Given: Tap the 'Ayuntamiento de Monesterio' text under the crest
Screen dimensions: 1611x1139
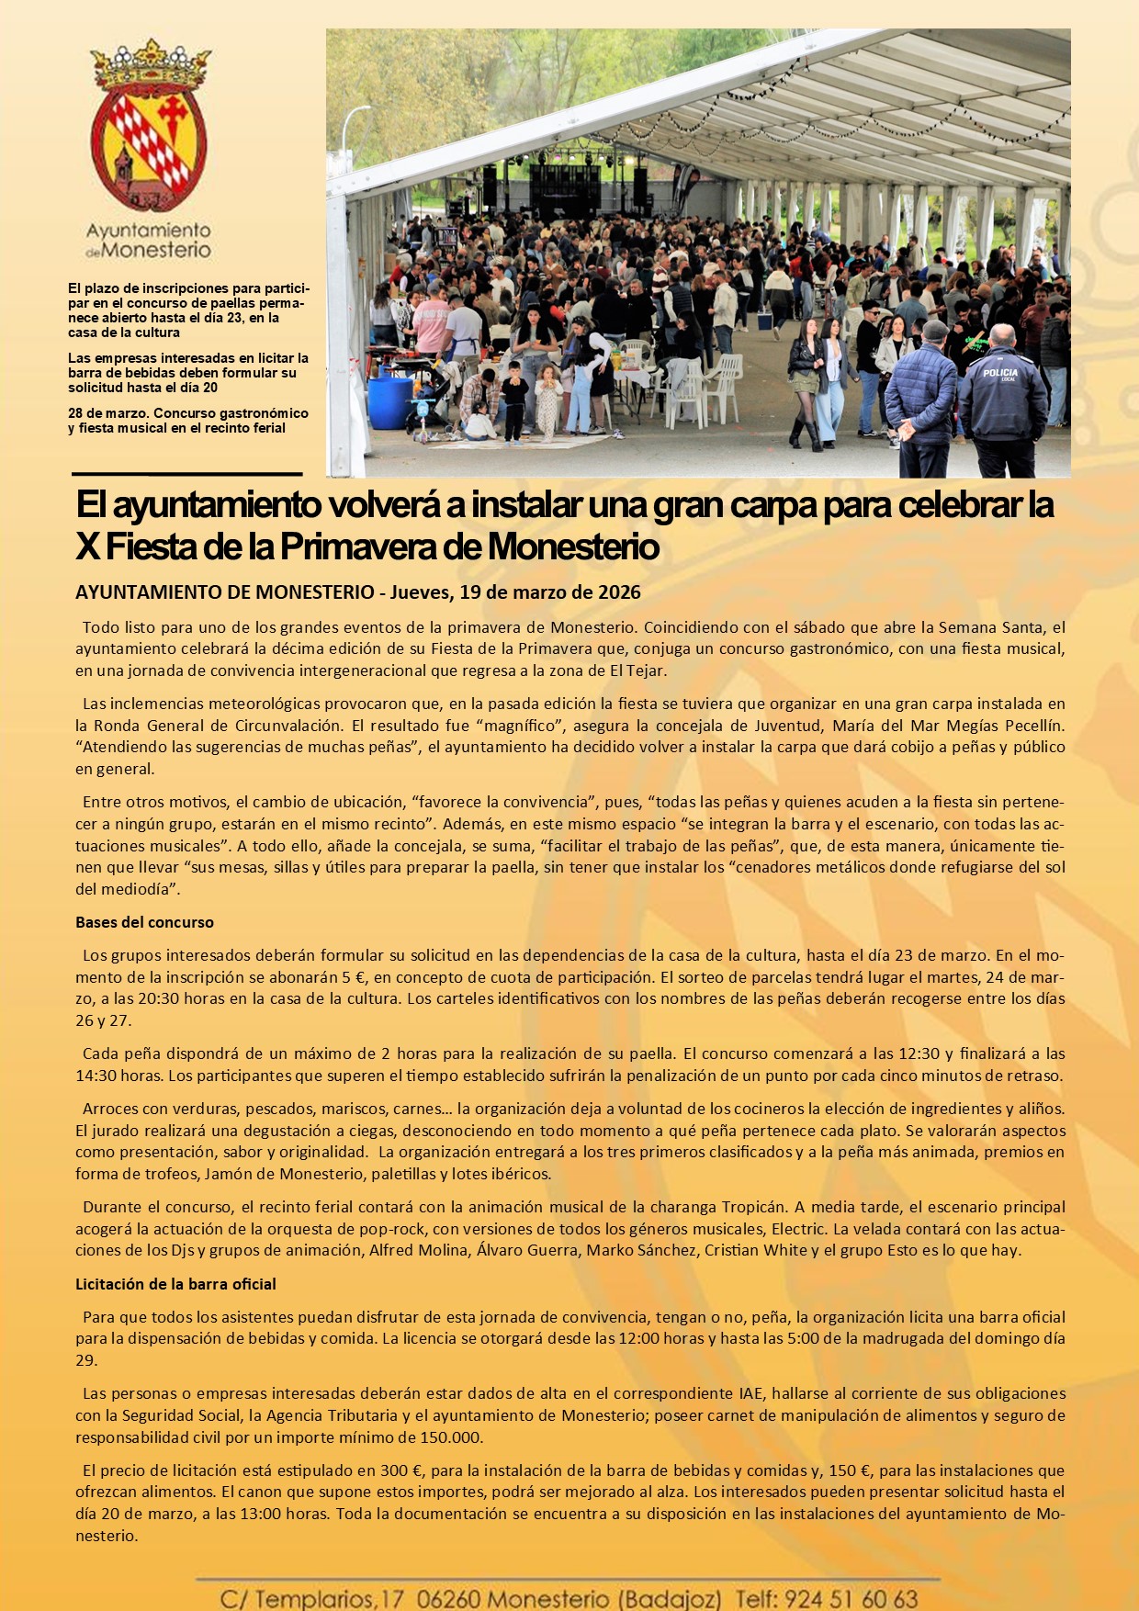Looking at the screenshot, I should pos(148,240).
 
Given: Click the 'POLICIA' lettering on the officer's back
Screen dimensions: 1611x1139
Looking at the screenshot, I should pos(999,373).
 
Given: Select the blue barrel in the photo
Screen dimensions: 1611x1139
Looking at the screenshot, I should pos(389,402).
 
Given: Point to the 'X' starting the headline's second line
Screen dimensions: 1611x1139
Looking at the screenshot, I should pos(87,547).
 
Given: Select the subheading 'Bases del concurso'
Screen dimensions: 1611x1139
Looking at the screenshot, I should pos(144,922).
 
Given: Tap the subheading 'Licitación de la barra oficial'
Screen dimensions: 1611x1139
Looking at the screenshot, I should pos(175,1284).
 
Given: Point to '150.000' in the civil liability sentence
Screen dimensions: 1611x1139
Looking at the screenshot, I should pos(450,1437).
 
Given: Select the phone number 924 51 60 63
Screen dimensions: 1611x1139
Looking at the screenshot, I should pos(851,1599).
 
